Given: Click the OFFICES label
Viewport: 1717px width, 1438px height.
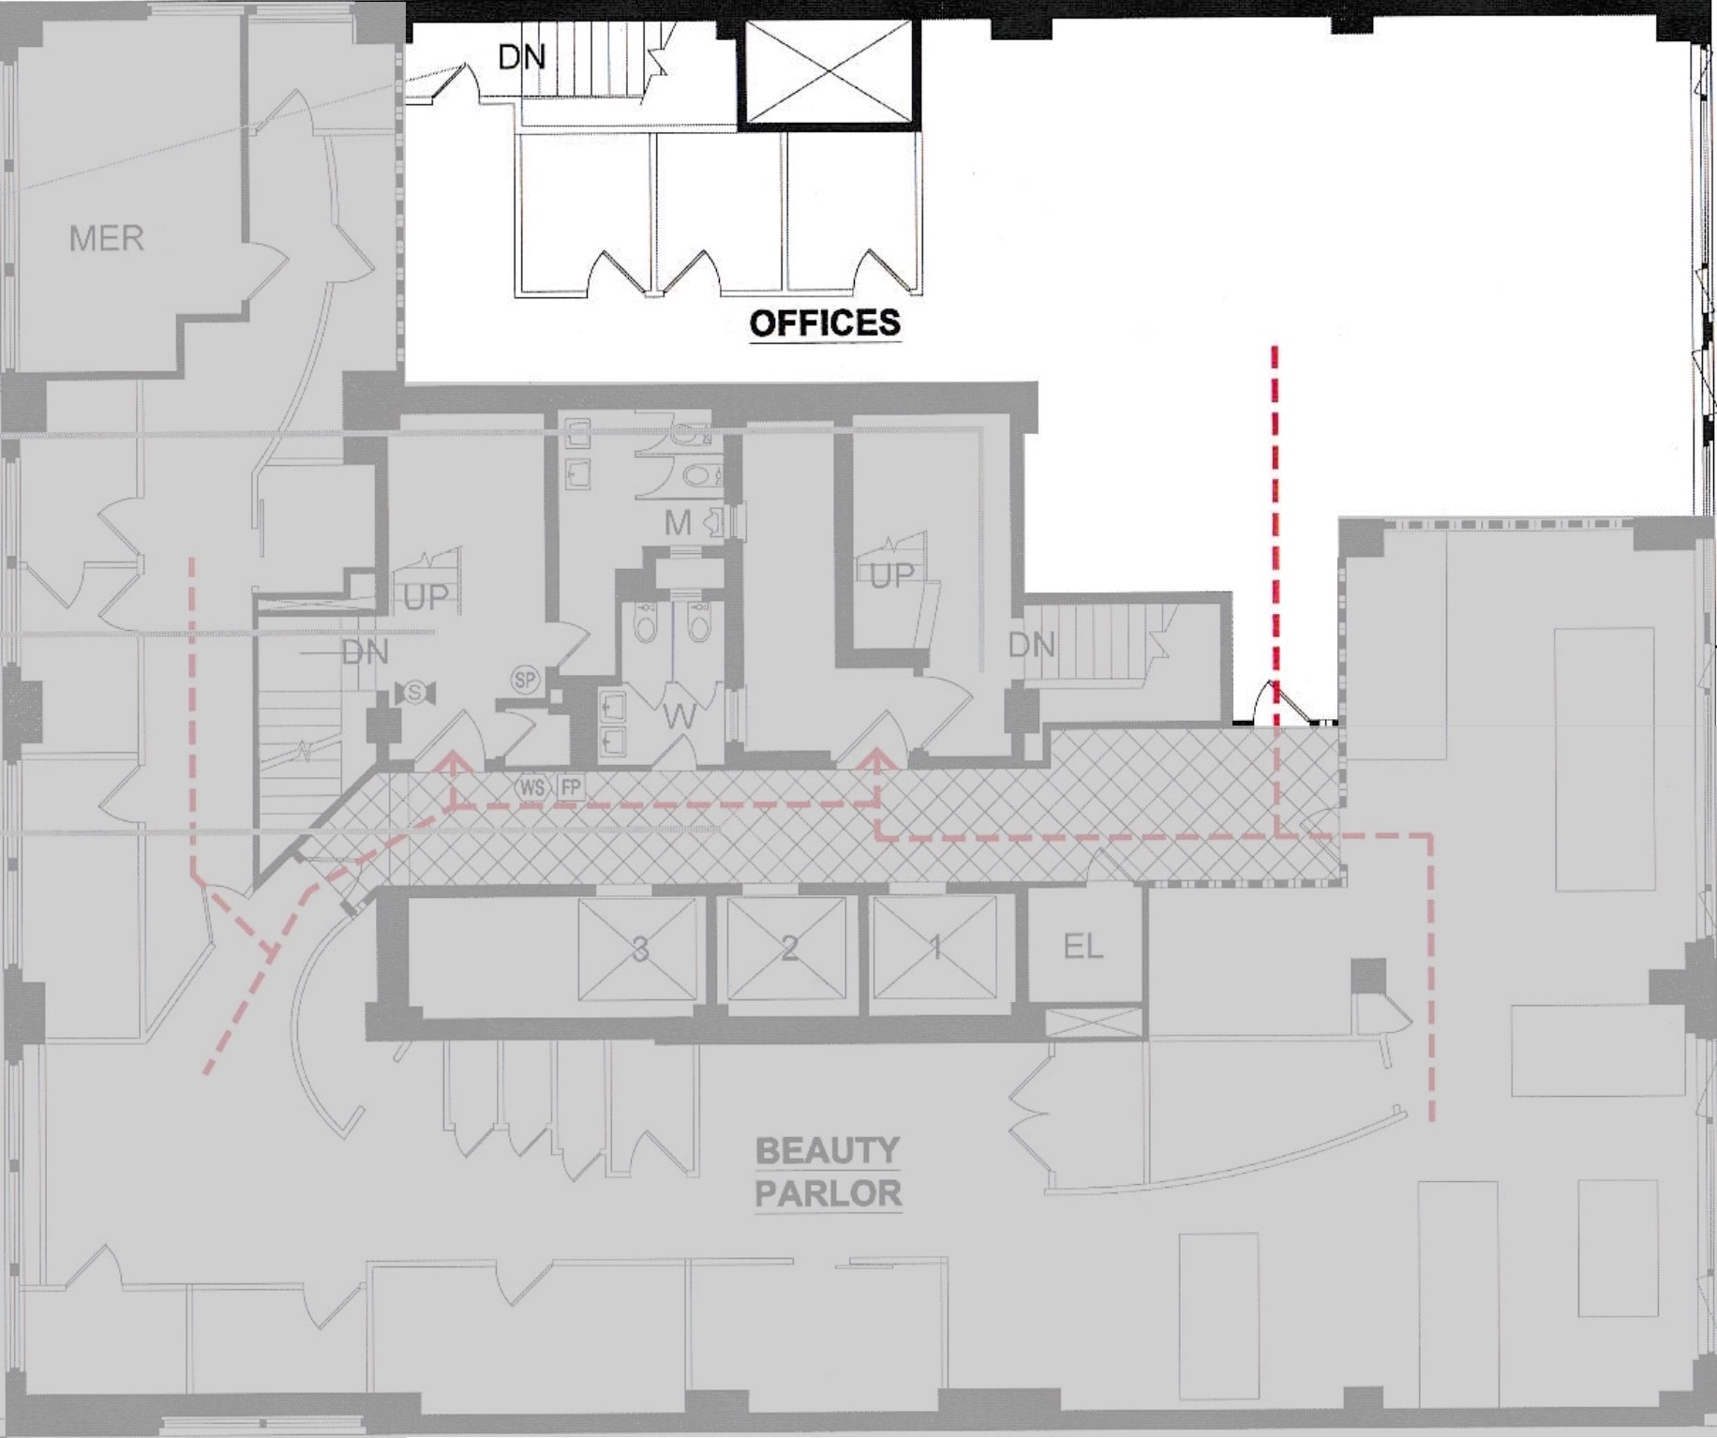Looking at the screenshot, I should tap(825, 323).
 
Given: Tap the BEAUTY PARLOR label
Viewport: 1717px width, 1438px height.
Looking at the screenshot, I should tap(829, 1171).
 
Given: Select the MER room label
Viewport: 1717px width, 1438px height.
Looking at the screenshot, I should tap(107, 238).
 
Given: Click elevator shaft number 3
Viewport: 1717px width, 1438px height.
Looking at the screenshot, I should tap(639, 950).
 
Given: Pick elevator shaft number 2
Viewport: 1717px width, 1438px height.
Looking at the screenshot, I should tap(788, 949).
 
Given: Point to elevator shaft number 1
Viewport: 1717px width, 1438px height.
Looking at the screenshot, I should tap(934, 949).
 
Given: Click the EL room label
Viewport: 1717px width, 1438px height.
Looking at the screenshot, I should tap(1083, 946).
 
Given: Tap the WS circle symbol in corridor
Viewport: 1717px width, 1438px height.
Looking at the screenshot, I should tap(532, 787).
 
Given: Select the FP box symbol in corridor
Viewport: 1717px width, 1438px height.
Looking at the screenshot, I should tap(570, 787).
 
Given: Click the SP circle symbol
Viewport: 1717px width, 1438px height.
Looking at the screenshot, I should tap(526, 680).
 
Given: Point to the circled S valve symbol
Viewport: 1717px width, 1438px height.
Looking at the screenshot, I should tap(412, 693).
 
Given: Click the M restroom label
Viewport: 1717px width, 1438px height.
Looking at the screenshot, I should tap(678, 522).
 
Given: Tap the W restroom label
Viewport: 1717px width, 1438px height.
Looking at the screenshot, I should tap(680, 717).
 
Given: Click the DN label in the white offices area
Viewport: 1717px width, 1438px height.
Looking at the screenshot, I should tap(521, 57).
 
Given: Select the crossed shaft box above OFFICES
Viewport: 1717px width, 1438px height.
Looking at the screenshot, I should tap(829, 72).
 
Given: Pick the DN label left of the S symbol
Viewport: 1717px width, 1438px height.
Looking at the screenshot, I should tap(366, 651).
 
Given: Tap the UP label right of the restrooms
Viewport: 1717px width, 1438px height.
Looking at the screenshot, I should tap(891, 574).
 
